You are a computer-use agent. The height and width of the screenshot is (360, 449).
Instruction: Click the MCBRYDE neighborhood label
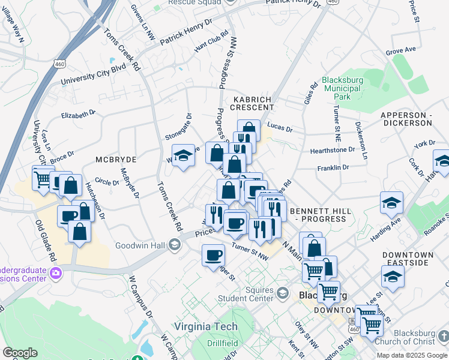click(116, 160)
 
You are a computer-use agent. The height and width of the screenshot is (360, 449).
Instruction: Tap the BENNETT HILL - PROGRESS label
click(318, 215)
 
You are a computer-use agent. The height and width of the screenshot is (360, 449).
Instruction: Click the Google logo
click(20, 353)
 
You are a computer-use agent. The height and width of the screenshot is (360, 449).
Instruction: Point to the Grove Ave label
click(400, 52)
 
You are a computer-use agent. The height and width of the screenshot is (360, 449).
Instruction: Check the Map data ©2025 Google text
click(412, 355)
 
